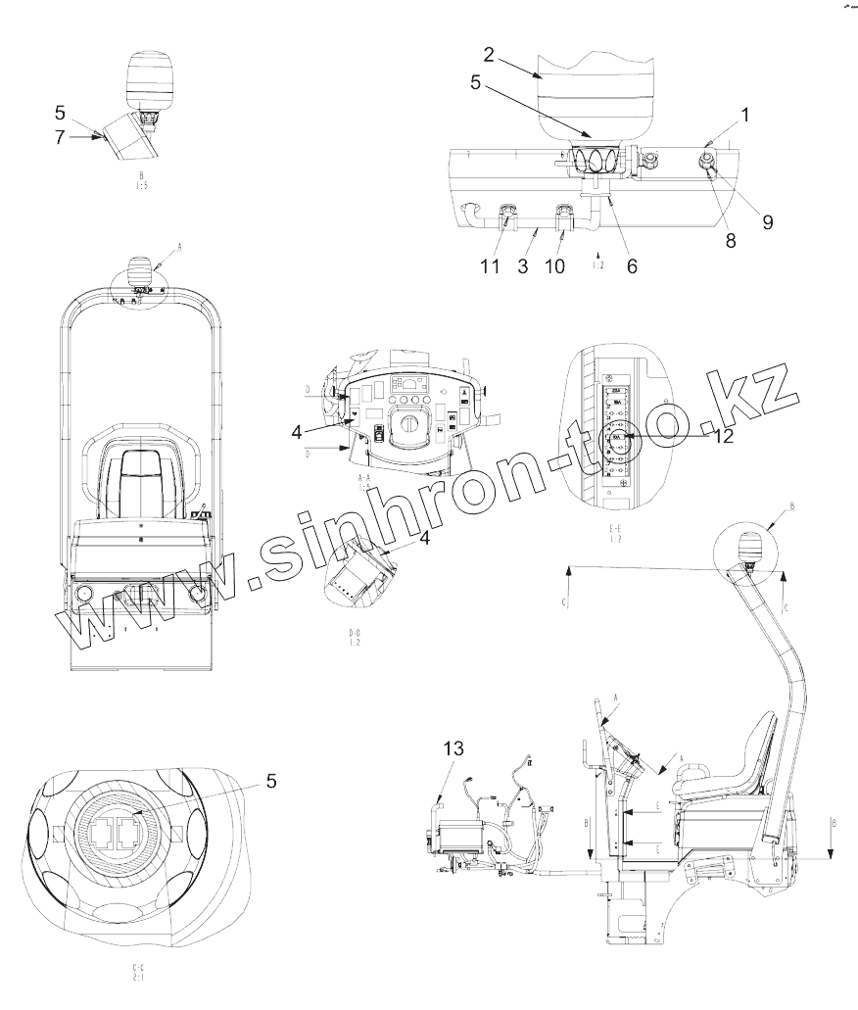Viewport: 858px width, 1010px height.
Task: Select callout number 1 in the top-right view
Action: coord(745,114)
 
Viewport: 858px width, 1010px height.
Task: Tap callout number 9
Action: coord(768,221)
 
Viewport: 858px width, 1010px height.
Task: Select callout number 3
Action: coord(524,265)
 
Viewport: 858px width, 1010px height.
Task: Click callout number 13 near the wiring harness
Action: coord(452,748)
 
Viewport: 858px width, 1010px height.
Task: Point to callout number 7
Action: coord(61,138)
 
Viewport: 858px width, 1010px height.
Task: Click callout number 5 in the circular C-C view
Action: coord(272,781)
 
